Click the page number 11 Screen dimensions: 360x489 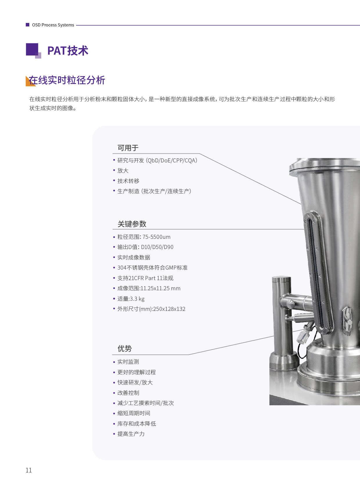click(x=28, y=470)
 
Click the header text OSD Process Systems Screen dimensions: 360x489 click(x=53, y=25)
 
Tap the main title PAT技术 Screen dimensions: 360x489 click(x=68, y=51)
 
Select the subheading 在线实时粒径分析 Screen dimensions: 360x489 click(x=67, y=80)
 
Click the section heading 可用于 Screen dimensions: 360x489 click(x=128, y=148)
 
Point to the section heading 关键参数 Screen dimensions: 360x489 click(x=132, y=224)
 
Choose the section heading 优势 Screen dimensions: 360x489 click(x=125, y=348)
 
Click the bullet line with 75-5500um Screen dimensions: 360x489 click(x=144, y=237)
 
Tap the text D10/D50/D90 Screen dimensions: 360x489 click(x=157, y=247)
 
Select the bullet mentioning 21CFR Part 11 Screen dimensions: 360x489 click(x=145, y=278)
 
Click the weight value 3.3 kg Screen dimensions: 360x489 click(x=137, y=299)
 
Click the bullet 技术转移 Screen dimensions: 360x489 click(x=128, y=181)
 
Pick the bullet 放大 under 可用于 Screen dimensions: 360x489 click(x=123, y=171)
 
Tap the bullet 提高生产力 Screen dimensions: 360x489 click(x=131, y=434)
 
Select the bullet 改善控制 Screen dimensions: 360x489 click(x=128, y=393)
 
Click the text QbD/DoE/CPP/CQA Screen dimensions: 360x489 click(x=172, y=160)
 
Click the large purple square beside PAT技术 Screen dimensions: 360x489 click(x=32, y=49)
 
